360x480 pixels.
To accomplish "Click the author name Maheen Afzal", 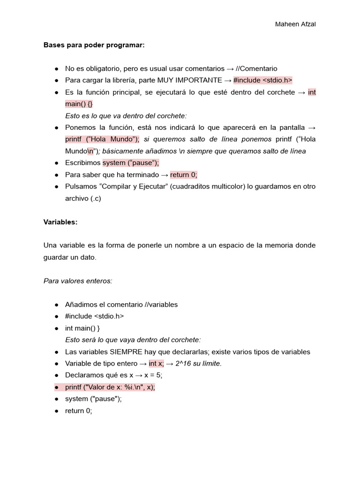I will [295, 24].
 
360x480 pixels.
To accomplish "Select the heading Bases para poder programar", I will [94, 45].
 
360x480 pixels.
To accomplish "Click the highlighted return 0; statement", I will [184, 174].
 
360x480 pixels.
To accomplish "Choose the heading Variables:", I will [60, 222].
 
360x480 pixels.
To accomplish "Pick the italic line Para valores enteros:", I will [78, 281].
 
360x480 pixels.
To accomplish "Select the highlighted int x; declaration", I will [156, 363].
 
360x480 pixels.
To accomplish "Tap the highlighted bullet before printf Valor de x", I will [56, 387].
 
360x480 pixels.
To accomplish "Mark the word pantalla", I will [294, 127].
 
